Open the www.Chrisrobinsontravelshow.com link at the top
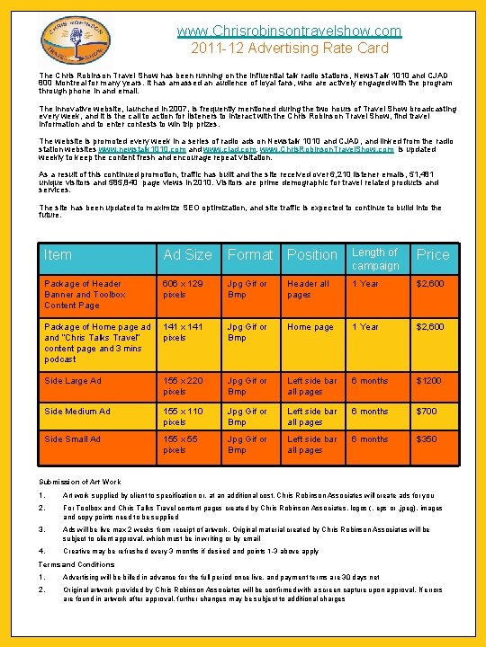[289, 31]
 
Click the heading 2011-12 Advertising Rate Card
[289, 48]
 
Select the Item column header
[58, 255]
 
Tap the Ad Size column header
[187, 255]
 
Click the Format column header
[249, 255]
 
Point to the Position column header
[311, 255]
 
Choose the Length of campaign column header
[374, 259]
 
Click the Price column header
[432, 255]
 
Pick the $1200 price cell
[428, 381]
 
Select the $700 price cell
[426, 412]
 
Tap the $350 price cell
[426, 439]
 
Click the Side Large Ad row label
[73, 381]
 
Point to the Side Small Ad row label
[72, 439]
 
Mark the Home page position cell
[310, 327]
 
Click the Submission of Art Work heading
[79, 482]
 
